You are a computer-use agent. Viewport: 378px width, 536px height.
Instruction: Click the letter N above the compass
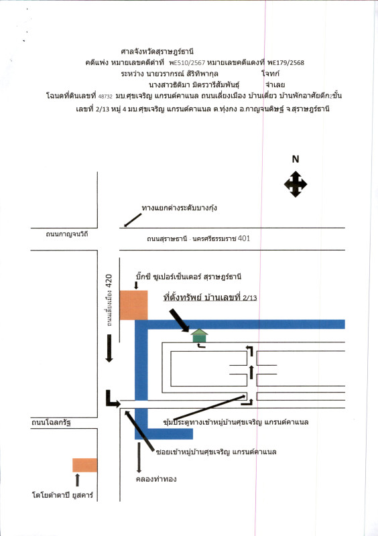(x=295, y=159)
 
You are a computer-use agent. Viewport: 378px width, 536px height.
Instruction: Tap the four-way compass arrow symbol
(x=295, y=184)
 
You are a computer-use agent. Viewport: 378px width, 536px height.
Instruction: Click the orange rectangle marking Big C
(x=133, y=306)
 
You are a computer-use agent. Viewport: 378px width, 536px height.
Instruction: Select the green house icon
(x=199, y=336)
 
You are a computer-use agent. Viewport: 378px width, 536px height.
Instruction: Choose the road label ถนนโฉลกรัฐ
(x=51, y=423)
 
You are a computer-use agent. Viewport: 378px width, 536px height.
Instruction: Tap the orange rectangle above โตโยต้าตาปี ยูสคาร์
(x=84, y=465)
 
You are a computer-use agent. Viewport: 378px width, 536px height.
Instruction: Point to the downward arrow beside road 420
(x=109, y=349)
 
